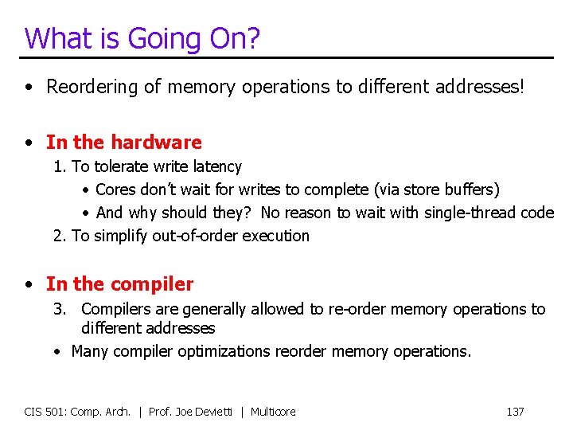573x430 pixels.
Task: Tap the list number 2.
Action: [58, 236]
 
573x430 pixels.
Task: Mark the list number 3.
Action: [59, 309]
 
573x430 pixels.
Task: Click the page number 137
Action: [515, 412]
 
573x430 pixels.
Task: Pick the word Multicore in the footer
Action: [273, 412]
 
